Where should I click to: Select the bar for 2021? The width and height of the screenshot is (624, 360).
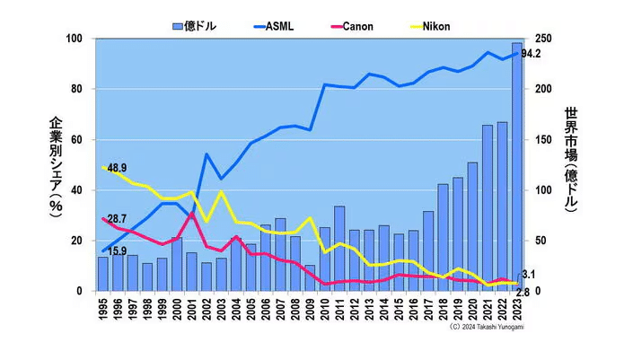pyautogui.click(x=488, y=208)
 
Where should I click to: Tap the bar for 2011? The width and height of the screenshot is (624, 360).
pyautogui.click(x=339, y=249)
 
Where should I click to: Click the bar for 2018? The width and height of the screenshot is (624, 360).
pyautogui.click(x=443, y=238)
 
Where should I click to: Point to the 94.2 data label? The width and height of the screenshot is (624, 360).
pyautogui.click(x=531, y=54)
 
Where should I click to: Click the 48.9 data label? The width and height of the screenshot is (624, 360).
pyautogui.click(x=117, y=168)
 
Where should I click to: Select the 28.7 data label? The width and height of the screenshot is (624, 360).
pyautogui.click(x=116, y=219)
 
